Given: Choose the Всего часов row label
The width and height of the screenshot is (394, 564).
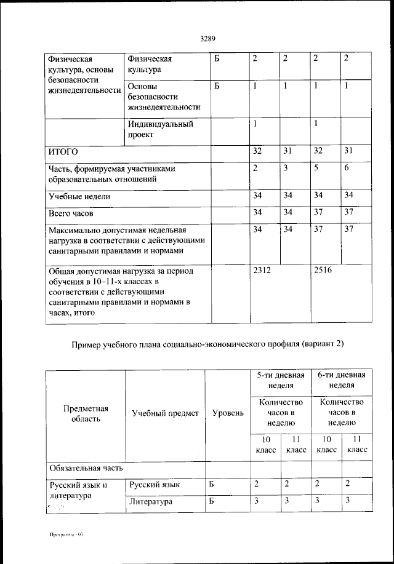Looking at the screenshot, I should tap(71, 214).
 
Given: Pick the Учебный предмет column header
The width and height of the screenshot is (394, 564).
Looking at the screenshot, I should tap(165, 413).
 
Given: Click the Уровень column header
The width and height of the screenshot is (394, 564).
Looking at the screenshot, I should tap(227, 413).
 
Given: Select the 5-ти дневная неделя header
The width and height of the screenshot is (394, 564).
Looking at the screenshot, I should tap(280, 380).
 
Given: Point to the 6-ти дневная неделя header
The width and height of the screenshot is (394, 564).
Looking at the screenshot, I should tap(341, 380).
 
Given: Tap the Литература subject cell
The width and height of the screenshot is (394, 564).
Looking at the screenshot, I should tap(150, 502).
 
